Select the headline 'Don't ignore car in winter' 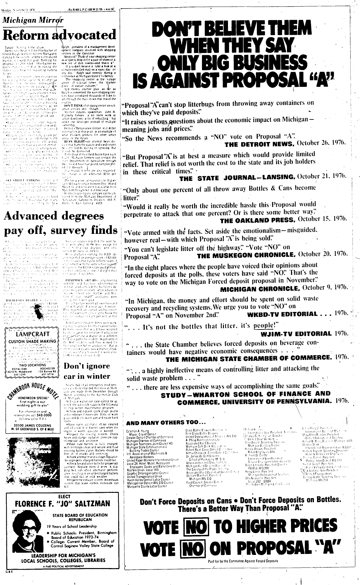[x=87, y=371]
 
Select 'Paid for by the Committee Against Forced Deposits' [x=243, y=570]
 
